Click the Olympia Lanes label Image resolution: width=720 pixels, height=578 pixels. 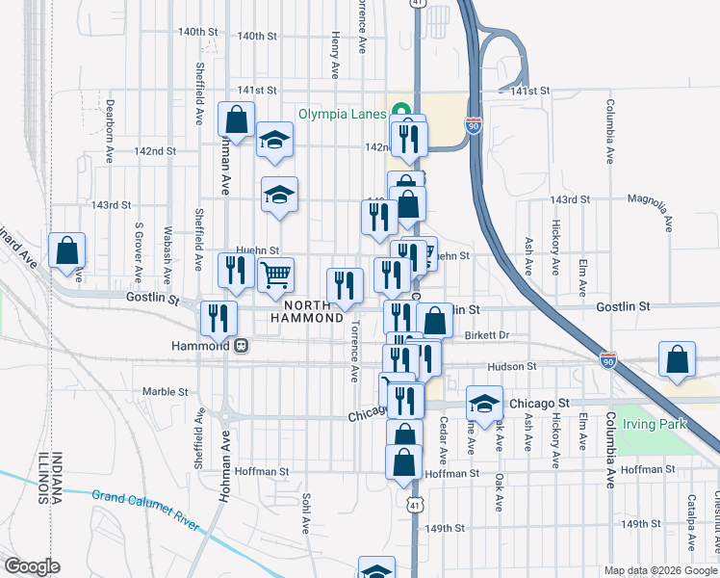(342, 113)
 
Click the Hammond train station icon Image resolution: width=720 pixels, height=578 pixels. (241, 345)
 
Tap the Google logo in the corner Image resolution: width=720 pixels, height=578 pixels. (31, 566)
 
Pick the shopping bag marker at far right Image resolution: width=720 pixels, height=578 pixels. (678, 359)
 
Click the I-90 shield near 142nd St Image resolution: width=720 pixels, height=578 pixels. (472, 126)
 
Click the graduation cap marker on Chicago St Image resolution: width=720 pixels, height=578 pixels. (484, 403)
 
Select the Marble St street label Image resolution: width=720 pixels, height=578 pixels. (165, 392)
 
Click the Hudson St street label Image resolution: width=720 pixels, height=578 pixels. (511, 367)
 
